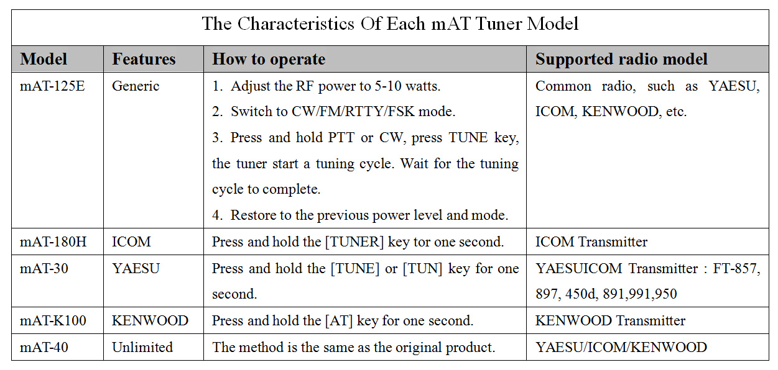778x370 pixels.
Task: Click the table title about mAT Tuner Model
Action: pyautogui.click(x=390, y=24)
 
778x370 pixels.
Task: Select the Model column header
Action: pyautogui.click(x=44, y=59)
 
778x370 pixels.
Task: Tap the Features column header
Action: pyautogui.click(x=144, y=59)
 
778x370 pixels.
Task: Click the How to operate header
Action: pyautogui.click(x=269, y=60)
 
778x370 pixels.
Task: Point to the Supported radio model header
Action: pyautogui.click(x=621, y=60)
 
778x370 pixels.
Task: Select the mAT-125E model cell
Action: pyautogui.click(x=52, y=86)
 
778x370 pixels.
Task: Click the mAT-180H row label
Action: pyautogui.click(x=53, y=241)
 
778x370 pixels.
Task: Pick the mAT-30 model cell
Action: pyautogui.click(x=44, y=268)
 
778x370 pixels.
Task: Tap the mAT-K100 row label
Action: pyautogui.click(x=53, y=320)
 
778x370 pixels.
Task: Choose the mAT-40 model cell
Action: pyautogui.click(x=44, y=347)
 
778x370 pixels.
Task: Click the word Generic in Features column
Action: pyautogui.click(x=136, y=86)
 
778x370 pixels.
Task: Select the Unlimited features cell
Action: pyautogui.click(x=142, y=347)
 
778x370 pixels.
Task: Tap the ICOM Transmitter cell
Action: pyautogui.click(x=591, y=241)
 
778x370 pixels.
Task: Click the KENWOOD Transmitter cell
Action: pyautogui.click(x=610, y=320)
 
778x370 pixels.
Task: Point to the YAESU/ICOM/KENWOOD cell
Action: pyautogui.click(x=621, y=347)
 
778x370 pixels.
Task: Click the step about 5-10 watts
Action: pyautogui.click(x=326, y=86)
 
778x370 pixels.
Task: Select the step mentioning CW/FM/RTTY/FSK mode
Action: pyautogui.click(x=333, y=112)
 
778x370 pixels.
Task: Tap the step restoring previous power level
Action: pyautogui.click(x=360, y=215)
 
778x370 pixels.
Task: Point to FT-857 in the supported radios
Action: pyautogui.click(x=736, y=269)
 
